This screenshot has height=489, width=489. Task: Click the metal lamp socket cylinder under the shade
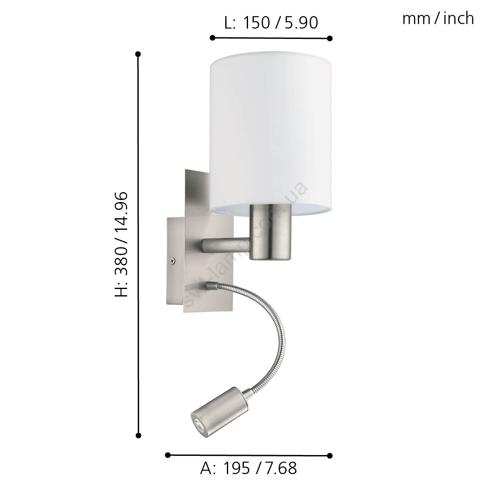click(x=270, y=232)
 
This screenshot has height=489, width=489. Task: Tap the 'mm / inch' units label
click(x=438, y=19)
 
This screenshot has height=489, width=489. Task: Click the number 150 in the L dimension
click(x=256, y=23)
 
